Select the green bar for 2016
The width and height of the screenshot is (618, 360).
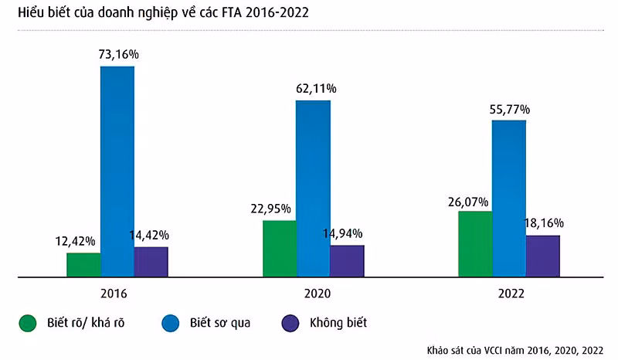83,264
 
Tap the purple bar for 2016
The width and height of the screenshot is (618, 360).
151,261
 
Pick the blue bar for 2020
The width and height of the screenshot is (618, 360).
313,188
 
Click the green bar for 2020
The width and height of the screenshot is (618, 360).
280,248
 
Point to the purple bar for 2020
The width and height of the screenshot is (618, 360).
347,260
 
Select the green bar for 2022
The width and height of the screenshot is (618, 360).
475,243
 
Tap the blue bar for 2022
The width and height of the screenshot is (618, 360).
508,198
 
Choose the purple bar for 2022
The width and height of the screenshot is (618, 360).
542,256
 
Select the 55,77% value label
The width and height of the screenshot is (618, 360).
510,108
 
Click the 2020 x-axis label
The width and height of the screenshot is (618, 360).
313,294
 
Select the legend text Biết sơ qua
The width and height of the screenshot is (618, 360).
220,322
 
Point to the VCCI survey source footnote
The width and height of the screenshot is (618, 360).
516,348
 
